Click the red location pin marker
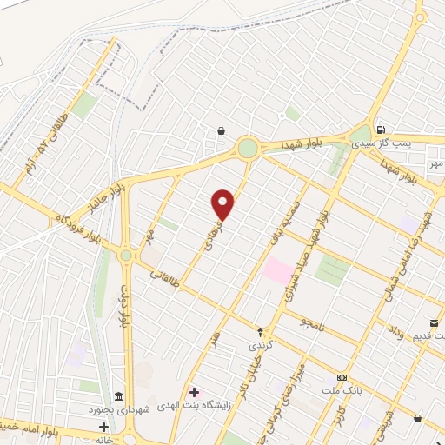click(x=223, y=204)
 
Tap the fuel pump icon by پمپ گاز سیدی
click(x=381, y=128)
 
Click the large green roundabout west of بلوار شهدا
click(x=249, y=149)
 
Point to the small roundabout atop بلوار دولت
click(x=126, y=256)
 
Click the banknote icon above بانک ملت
click(x=342, y=378)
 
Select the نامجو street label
click(x=312, y=322)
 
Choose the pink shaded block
click(x=278, y=269)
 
